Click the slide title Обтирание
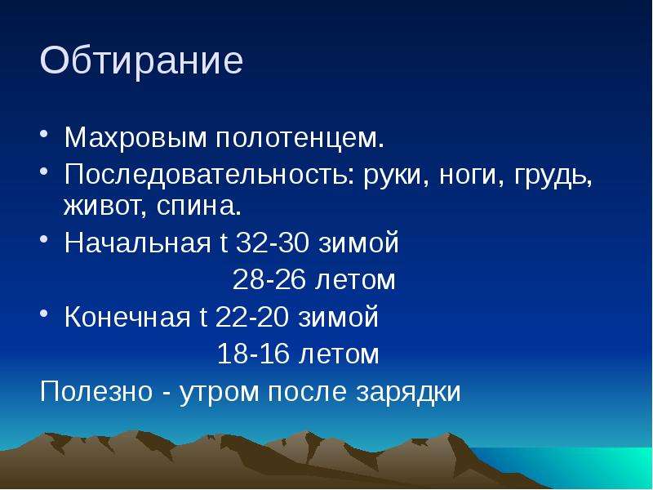141,61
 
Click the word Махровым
135,137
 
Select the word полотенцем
300,138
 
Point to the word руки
397,176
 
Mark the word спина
199,205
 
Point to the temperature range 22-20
252,316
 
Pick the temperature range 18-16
254,354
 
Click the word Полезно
96,391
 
